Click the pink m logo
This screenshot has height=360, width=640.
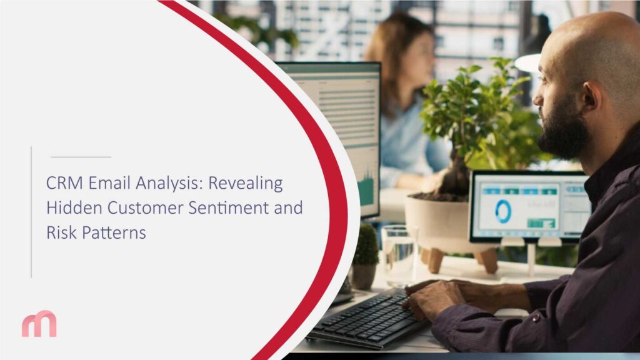point(39,324)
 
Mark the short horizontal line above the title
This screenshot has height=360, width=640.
point(81,157)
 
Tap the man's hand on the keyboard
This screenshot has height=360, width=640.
point(431,301)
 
